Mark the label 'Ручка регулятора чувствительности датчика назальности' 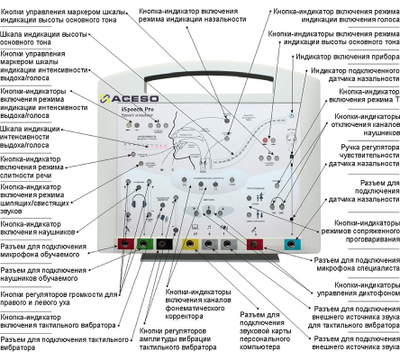(364, 189)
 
